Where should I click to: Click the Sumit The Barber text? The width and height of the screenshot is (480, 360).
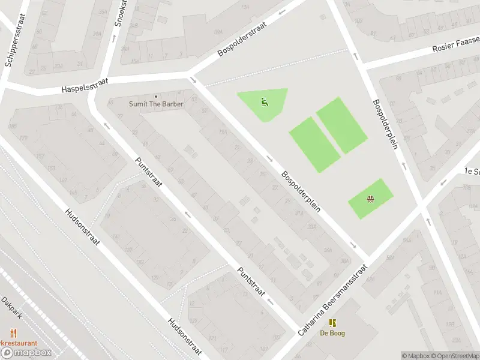tap(156, 104)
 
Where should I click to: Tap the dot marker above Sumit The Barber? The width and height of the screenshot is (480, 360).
tap(156, 96)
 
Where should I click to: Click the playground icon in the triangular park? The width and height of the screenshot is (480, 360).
tap(264, 102)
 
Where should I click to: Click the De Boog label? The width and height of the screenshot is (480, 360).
tap(332, 334)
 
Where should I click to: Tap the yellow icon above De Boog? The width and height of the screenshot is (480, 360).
tap(332, 323)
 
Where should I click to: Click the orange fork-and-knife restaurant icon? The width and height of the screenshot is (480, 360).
tap(13, 333)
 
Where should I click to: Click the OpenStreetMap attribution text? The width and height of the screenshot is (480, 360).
tap(455, 356)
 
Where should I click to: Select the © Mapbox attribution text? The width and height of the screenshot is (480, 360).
tap(415, 356)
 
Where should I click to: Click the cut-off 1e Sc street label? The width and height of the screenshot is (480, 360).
tap(472, 170)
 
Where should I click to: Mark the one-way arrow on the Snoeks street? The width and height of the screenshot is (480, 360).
tap(113, 38)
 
